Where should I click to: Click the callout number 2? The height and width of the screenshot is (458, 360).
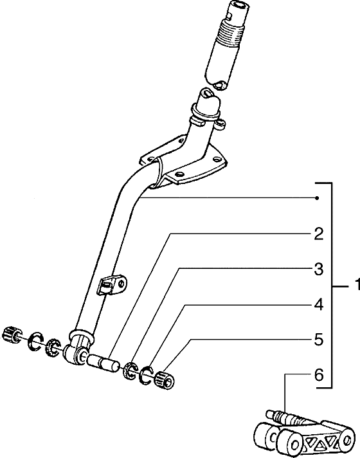pyautogui.click(x=319, y=234)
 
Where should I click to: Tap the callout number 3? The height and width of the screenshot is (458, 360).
pyautogui.click(x=319, y=270)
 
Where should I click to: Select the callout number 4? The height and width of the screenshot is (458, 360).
pyautogui.click(x=319, y=305)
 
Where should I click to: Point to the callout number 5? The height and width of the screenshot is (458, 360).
pyautogui.click(x=319, y=340)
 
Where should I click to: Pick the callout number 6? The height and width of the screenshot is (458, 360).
pyautogui.click(x=319, y=375)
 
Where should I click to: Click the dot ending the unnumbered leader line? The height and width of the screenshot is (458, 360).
pyautogui.click(x=317, y=198)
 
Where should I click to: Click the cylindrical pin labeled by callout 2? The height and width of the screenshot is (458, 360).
pyautogui.click(x=103, y=362)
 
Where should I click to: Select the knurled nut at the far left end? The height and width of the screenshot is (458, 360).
pyautogui.click(x=12, y=334)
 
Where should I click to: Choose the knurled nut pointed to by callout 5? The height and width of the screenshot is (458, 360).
pyautogui.click(x=166, y=381)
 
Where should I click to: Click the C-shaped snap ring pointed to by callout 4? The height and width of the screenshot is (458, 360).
pyautogui.click(x=147, y=374)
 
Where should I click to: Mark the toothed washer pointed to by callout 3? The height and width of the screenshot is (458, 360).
pyautogui.click(x=130, y=370)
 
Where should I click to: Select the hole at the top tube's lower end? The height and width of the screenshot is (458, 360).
pyautogui.click(x=219, y=85)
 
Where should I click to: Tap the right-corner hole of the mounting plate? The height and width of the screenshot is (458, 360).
pyautogui.click(x=217, y=159)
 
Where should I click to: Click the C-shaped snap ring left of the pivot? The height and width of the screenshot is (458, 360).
pyautogui.click(x=36, y=341)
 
